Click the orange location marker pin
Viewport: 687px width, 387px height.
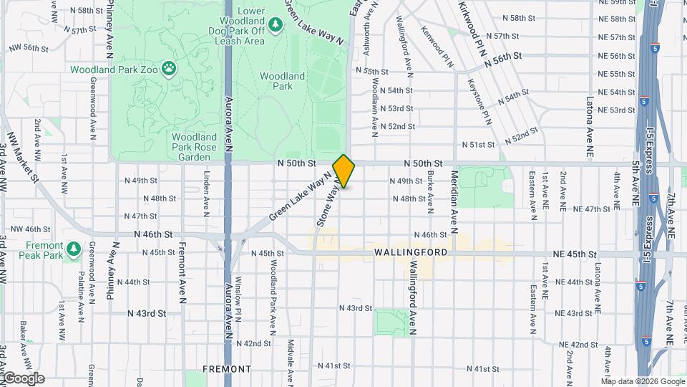343,171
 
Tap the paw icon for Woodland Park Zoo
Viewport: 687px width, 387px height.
169,69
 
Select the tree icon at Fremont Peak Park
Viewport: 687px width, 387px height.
73,249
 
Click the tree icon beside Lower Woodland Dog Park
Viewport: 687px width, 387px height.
276,25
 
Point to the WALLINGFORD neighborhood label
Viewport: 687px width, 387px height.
410,253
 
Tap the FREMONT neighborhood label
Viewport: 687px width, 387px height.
226,368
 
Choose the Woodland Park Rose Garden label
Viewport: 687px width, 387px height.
195,146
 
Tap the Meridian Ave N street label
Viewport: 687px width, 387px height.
454,202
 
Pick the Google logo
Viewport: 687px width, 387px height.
23,378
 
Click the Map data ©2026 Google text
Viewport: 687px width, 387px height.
645,381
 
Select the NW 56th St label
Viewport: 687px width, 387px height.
28,48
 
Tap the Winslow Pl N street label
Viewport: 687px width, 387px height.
239,295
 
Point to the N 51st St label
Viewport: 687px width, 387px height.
479,144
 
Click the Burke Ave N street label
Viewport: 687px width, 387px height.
430,193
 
